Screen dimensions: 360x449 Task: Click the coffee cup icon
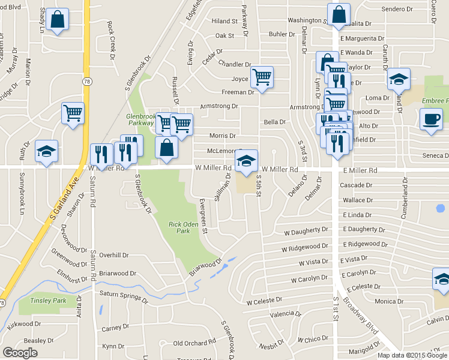(431, 118)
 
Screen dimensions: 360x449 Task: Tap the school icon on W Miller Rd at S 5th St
(246, 161)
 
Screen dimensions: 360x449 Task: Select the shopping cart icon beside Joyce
(261, 77)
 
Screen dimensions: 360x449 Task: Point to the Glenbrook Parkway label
(140, 119)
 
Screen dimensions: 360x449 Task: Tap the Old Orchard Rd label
(193, 343)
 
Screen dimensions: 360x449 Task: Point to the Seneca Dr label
(435, 156)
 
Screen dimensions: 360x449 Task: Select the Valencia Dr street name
(285, 314)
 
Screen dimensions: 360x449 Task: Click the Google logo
(20, 353)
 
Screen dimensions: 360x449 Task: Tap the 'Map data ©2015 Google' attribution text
(412, 355)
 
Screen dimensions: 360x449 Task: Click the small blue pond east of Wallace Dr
(441, 209)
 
